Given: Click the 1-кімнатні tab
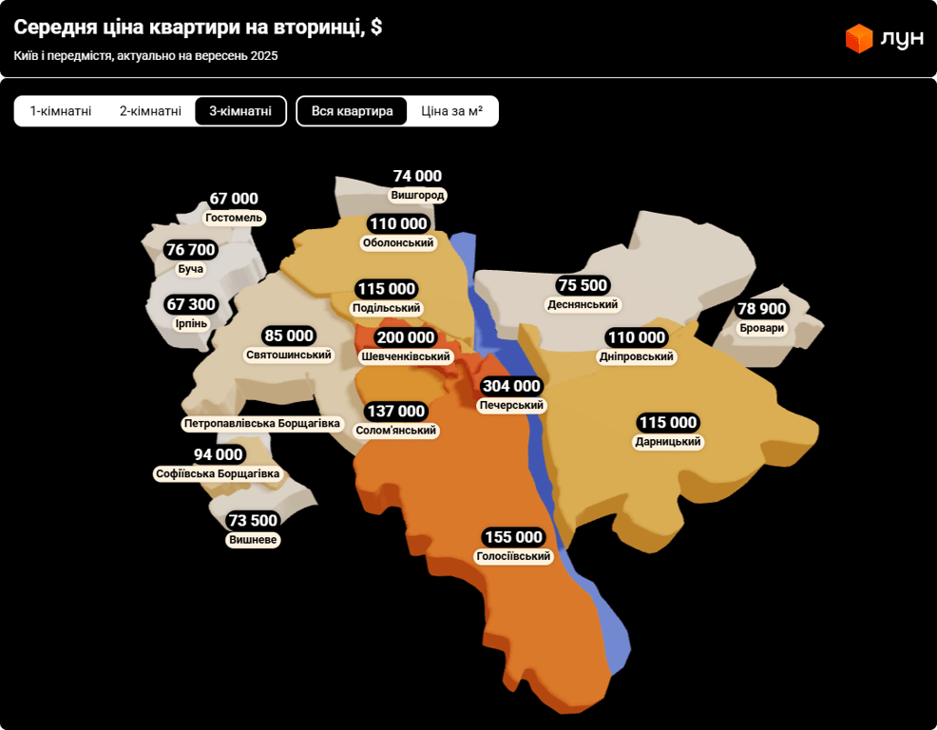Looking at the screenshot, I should (x=61, y=111).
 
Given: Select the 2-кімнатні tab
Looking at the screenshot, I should (x=150, y=111).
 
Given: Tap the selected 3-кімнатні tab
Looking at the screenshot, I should (x=240, y=111).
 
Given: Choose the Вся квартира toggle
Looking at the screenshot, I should (x=352, y=111).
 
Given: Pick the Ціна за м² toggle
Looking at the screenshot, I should (x=451, y=111).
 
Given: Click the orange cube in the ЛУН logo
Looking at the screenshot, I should (x=859, y=38).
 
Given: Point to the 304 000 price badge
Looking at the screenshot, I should (x=511, y=386).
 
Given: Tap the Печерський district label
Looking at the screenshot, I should (x=511, y=405).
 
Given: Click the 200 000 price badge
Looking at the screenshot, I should (x=405, y=337).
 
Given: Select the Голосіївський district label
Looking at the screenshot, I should (x=513, y=556).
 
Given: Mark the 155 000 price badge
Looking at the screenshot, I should (x=513, y=536).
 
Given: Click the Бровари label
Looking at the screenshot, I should (x=762, y=328).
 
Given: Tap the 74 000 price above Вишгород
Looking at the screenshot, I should (x=417, y=176).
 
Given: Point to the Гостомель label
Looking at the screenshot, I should (x=234, y=218).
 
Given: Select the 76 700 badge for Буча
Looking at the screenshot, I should (x=190, y=250).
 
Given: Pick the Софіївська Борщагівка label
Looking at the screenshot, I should (x=218, y=473).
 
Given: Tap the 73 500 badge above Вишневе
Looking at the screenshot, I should (x=253, y=520).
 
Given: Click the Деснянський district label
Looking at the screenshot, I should (x=583, y=304).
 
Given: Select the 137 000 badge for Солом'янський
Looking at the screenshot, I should (x=395, y=411).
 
